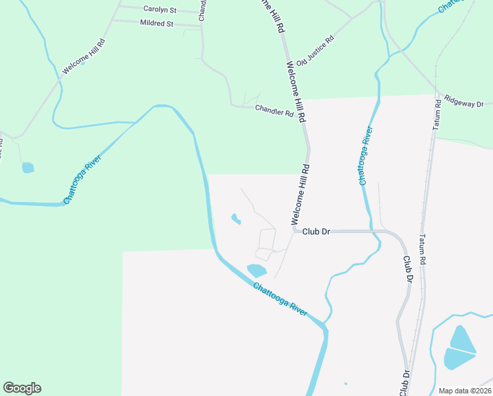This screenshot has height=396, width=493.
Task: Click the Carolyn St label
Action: tap(160, 10)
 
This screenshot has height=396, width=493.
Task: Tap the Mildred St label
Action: tap(157, 23)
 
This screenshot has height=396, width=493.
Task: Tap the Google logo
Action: tap(22, 388)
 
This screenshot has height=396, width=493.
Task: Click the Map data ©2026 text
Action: tap(464, 391)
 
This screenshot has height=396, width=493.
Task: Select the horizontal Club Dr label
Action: tap(316, 232)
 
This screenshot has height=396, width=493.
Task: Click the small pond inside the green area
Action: tap(28, 168)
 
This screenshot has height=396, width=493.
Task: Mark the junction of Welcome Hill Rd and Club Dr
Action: tap(293, 231)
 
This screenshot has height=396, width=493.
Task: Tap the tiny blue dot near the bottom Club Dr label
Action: tap(345, 383)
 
